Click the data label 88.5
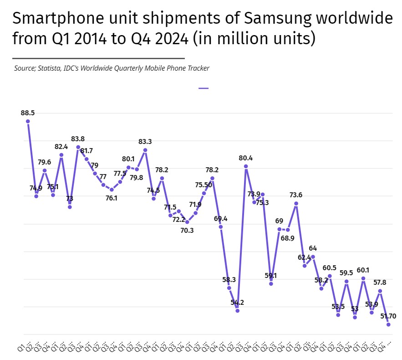click(28, 113)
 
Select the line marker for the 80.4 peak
click(246, 166)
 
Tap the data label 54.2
click(237, 302)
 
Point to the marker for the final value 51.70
click(388, 324)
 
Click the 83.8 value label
click(77, 139)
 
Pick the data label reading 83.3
click(145, 142)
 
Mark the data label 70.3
click(187, 231)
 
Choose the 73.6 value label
click(296, 195)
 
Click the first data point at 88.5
click(28, 121)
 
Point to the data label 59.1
click(271, 275)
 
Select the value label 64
click(313, 248)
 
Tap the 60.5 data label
click(330, 267)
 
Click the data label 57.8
click(380, 283)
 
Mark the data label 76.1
click(112, 198)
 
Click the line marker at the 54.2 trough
click(237, 310)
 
